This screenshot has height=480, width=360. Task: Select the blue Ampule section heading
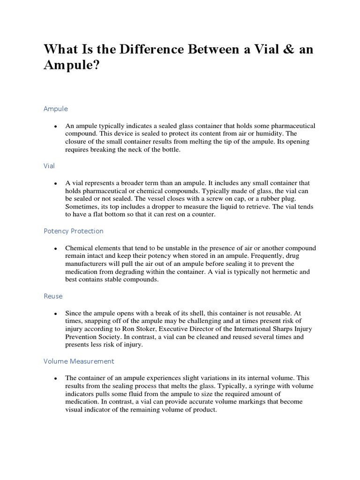click(x=56, y=109)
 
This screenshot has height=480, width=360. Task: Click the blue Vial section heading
click(x=50, y=165)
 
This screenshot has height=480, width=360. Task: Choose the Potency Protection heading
click(x=74, y=231)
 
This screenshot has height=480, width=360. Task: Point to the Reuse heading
click(x=53, y=296)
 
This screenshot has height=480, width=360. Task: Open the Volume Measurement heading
click(x=79, y=361)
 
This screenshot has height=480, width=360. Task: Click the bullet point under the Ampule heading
click(x=55, y=127)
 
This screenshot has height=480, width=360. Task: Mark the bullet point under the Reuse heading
click(x=55, y=313)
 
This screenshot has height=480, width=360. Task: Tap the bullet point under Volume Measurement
click(x=55, y=378)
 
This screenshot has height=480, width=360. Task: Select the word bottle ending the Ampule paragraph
click(x=169, y=150)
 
